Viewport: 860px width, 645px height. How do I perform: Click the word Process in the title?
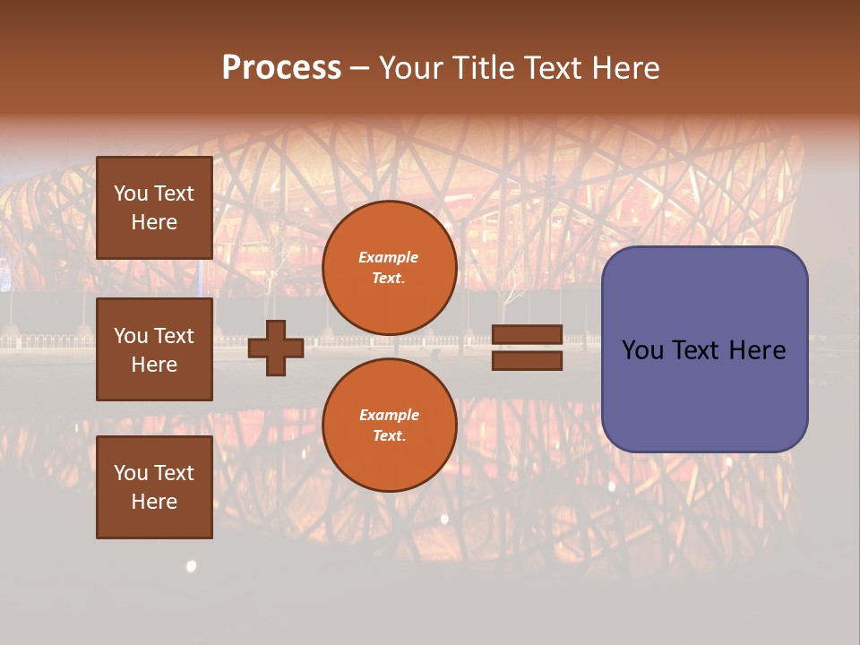coord(281,68)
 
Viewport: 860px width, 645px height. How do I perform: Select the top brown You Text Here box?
coord(154,208)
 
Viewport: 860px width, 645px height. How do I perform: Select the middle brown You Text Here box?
coord(154,349)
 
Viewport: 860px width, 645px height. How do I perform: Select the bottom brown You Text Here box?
coord(154,487)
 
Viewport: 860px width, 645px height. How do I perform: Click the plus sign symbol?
coord(276,348)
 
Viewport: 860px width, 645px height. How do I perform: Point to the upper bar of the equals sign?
coord(527,335)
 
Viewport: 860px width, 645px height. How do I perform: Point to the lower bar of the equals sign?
coord(527,361)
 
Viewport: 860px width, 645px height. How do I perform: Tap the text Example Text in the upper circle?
coord(389,268)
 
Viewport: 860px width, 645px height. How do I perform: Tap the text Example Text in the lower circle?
coord(389,426)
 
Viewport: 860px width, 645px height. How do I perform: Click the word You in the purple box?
coord(642,350)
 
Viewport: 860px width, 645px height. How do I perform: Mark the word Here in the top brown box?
coord(154,222)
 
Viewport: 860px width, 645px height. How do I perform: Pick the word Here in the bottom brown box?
coord(154,502)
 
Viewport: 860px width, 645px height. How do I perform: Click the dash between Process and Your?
coord(360,69)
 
